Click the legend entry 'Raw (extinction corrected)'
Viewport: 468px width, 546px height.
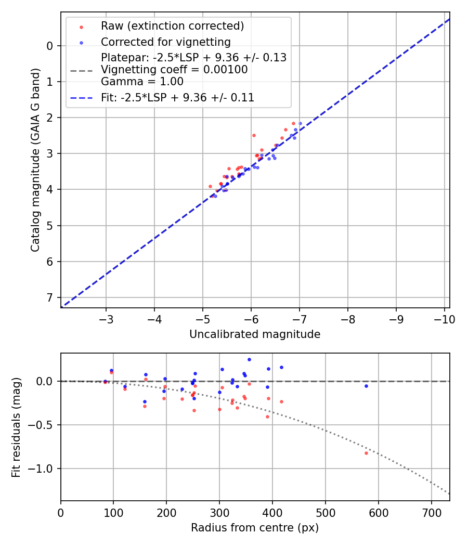pyautogui.click(x=172, y=26)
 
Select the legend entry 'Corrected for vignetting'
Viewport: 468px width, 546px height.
pyautogui.click(x=165, y=42)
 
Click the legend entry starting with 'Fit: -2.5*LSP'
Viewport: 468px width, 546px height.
pyautogui.click(x=177, y=97)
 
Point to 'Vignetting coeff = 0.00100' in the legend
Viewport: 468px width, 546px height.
pyautogui.click(x=174, y=70)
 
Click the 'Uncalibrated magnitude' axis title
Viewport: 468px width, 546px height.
pyautogui.click(x=255, y=334)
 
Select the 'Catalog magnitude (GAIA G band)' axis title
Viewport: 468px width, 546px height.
pyautogui.click(x=35, y=160)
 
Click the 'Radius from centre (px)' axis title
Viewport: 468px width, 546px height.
pyautogui.click(x=255, y=528)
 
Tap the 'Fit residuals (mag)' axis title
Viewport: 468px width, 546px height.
pyautogui.click(x=17, y=427)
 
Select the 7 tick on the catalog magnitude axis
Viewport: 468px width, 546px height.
pyautogui.click(x=50, y=297)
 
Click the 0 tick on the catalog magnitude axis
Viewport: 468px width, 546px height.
pyautogui.click(x=50, y=46)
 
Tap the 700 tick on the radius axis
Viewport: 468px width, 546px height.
pyautogui.click(x=431, y=513)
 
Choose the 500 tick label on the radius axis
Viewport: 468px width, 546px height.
pyautogui.click(x=326, y=513)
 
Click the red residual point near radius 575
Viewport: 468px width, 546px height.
pyautogui.click(x=366, y=453)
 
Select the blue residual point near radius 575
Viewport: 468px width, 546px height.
pyautogui.click(x=366, y=386)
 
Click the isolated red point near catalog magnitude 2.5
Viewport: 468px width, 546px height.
pyautogui.click(x=254, y=135)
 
